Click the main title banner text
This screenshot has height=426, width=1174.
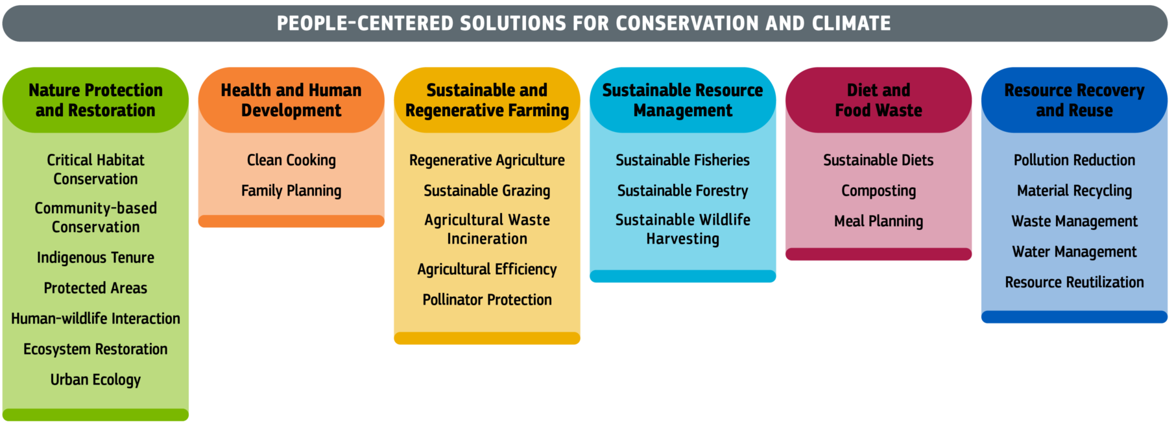click(x=584, y=23)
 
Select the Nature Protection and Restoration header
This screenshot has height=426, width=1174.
click(x=95, y=100)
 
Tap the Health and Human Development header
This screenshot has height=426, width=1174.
click(x=291, y=100)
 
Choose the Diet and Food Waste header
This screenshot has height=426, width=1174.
click(x=878, y=100)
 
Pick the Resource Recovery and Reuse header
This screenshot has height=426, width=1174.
click(x=1074, y=100)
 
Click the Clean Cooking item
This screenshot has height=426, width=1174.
click(x=291, y=160)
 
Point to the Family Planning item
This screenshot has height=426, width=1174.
click(x=291, y=191)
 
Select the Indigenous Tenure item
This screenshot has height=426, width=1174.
click(x=95, y=258)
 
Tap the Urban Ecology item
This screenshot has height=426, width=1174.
click(x=95, y=380)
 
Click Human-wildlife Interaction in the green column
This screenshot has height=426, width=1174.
click(x=95, y=319)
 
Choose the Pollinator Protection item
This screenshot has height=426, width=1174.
click(x=487, y=300)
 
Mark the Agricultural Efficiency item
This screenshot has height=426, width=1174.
click(x=487, y=269)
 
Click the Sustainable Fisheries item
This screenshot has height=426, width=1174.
click(x=682, y=160)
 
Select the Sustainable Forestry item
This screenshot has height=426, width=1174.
click(x=682, y=191)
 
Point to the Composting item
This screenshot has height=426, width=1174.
click(x=878, y=191)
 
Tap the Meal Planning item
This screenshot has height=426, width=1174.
click(x=878, y=221)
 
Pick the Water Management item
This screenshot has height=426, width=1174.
click(x=1074, y=252)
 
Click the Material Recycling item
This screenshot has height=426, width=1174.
click(x=1074, y=191)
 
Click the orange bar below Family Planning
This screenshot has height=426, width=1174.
click(x=291, y=221)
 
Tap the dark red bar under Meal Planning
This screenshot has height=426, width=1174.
click(x=878, y=254)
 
